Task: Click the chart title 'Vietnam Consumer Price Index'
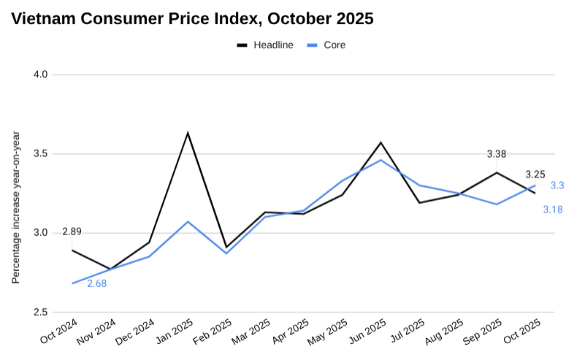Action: tap(192, 20)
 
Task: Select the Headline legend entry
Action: tap(265, 45)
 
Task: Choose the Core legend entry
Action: tap(326, 45)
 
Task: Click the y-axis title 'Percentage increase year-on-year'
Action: tap(16, 208)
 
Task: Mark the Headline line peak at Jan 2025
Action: tap(188, 133)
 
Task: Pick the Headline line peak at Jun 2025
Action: tap(381, 142)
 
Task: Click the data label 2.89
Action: tap(72, 232)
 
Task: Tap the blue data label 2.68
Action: tap(97, 283)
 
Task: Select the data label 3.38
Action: tap(497, 154)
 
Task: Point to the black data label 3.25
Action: tap(535, 175)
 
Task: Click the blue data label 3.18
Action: tap(552, 210)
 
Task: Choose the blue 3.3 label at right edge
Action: tap(557, 185)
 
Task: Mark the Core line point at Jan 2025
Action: tap(188, 221)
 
